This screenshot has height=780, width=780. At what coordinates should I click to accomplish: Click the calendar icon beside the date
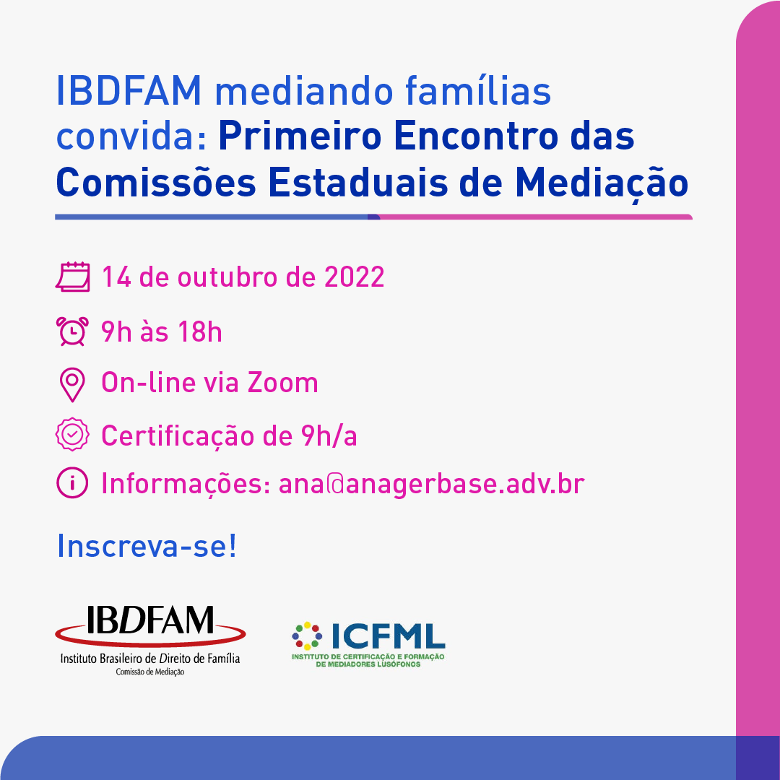point(73,277)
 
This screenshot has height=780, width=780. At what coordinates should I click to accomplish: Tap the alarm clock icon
point(73,331)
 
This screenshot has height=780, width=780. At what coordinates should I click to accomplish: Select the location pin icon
point(72,384)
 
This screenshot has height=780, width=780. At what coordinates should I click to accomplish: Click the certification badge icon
point(72,434)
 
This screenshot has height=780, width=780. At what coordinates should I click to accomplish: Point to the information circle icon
point(72,482)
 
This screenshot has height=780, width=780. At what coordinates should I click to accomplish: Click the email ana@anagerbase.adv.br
point(431,484)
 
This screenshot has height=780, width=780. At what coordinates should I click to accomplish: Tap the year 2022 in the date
point(354,277)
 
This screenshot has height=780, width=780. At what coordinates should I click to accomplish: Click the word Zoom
point(282,383)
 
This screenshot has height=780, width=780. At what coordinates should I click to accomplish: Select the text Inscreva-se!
point(147,546)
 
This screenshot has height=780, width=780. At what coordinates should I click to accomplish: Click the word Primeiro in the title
point(300,136)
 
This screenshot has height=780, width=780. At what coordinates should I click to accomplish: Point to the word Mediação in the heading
point(602,183)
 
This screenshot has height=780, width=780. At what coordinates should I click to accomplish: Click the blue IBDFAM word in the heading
point(129,91)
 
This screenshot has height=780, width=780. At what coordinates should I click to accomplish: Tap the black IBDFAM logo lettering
point(150,620)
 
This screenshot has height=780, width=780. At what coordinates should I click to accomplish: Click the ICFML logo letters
point(388,636)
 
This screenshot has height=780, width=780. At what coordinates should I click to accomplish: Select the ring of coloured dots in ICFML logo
point(307,636)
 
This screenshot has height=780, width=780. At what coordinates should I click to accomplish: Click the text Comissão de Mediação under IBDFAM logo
point(150,672)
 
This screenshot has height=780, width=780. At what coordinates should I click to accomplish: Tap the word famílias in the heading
point(478,91)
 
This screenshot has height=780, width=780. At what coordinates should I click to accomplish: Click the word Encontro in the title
point(476,136)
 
